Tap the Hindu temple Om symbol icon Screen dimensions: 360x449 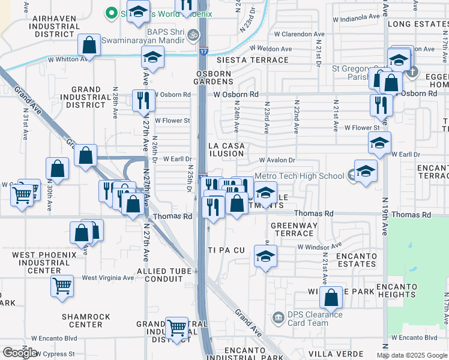click(x=193, y=35)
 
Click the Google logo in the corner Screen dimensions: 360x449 click(x=20, y=353)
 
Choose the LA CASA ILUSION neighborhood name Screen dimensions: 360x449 click(x=226, y=149)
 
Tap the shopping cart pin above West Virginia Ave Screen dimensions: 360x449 click(x=62, y=286)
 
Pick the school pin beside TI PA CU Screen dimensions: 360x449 click(x=265, y=256)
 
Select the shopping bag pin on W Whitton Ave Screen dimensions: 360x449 click(x=89, y=46)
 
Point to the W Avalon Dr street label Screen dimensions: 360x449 click(x=277, y=160)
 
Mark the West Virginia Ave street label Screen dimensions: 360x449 click(x=108, y=278)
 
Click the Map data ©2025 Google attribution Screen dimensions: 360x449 click(x=412, y=355)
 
